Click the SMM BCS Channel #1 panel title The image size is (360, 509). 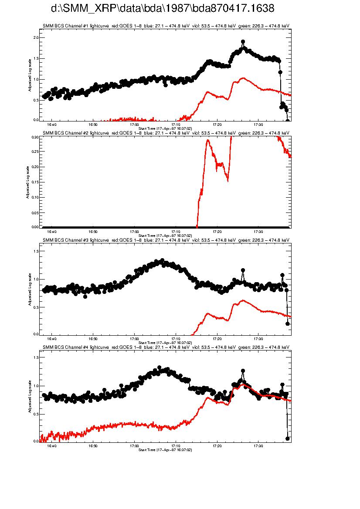(166, 26)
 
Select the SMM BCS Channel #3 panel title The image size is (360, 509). (166, 240)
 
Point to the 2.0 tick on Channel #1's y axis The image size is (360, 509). (36, 38)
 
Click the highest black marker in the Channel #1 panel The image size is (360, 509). (243, 42)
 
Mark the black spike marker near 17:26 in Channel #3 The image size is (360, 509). (243, 270)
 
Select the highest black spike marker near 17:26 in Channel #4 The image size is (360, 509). (243, 371)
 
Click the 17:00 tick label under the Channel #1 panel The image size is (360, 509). (134, 124)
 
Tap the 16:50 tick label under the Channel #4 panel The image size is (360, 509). (93, 446)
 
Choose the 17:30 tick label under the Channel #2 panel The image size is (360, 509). (258, 232)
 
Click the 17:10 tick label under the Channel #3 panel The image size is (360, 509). (176, 339)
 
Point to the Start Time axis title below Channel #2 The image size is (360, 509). (165, 236)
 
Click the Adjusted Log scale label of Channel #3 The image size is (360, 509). (30, 289)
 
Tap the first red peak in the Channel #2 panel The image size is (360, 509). (207, 140)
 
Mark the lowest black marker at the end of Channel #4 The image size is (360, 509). (288, 438)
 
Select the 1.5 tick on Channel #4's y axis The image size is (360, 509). (36, 357)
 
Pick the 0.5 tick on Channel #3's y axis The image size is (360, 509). (36, 307)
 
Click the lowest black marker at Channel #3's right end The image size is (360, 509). (288, 324)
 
